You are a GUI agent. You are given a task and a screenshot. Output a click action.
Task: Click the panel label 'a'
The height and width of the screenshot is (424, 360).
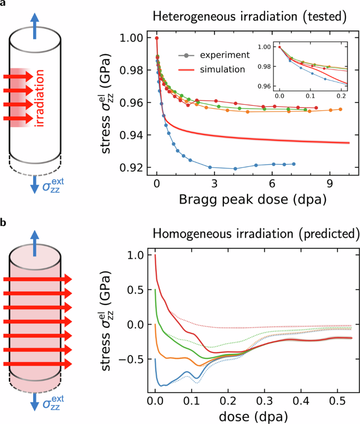(x=4, y=4)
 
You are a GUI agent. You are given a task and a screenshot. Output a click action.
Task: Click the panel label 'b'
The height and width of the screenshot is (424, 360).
(x=4, y=224)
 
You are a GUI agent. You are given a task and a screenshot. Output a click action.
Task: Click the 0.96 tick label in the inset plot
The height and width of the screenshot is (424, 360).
(x=264, y=86)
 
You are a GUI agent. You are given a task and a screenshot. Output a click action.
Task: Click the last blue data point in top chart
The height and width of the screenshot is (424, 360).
(x=294, y=164)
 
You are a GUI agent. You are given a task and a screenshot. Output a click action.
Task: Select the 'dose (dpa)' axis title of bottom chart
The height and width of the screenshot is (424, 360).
(x=249, y=416)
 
